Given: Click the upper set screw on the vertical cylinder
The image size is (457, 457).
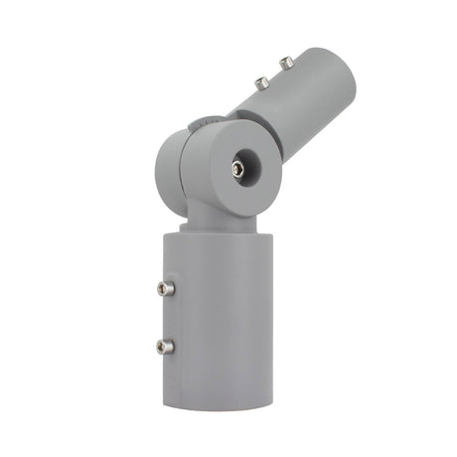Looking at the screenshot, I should [x=165, y=288].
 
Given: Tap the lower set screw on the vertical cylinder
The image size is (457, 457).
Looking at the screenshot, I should [x=165, y=346].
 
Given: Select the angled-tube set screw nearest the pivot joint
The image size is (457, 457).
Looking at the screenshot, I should [x=261, y=84].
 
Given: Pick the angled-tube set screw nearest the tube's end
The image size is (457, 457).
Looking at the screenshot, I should [x=286, y=63].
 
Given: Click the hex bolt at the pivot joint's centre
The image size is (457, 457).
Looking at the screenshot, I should [x=238, y=169].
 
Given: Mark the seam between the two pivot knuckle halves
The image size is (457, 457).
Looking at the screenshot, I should [x=192, y=164].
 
